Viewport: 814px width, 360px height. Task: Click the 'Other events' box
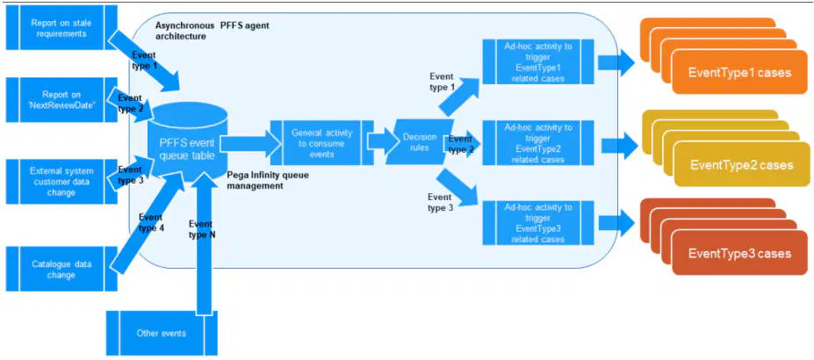162,333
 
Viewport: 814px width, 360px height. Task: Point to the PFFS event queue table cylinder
187,144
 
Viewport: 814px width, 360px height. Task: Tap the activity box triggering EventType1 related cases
538,61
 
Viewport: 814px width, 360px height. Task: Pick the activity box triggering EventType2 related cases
538,142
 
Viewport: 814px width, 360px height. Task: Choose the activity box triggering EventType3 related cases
538,223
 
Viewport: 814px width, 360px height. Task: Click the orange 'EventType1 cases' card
739,73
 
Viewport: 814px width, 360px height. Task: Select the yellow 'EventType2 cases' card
741,165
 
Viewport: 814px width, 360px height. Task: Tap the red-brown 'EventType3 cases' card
739,253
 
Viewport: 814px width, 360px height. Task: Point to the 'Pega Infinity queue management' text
269,181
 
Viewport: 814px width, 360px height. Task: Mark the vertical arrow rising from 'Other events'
205,243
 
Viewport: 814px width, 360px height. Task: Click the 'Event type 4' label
152,221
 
